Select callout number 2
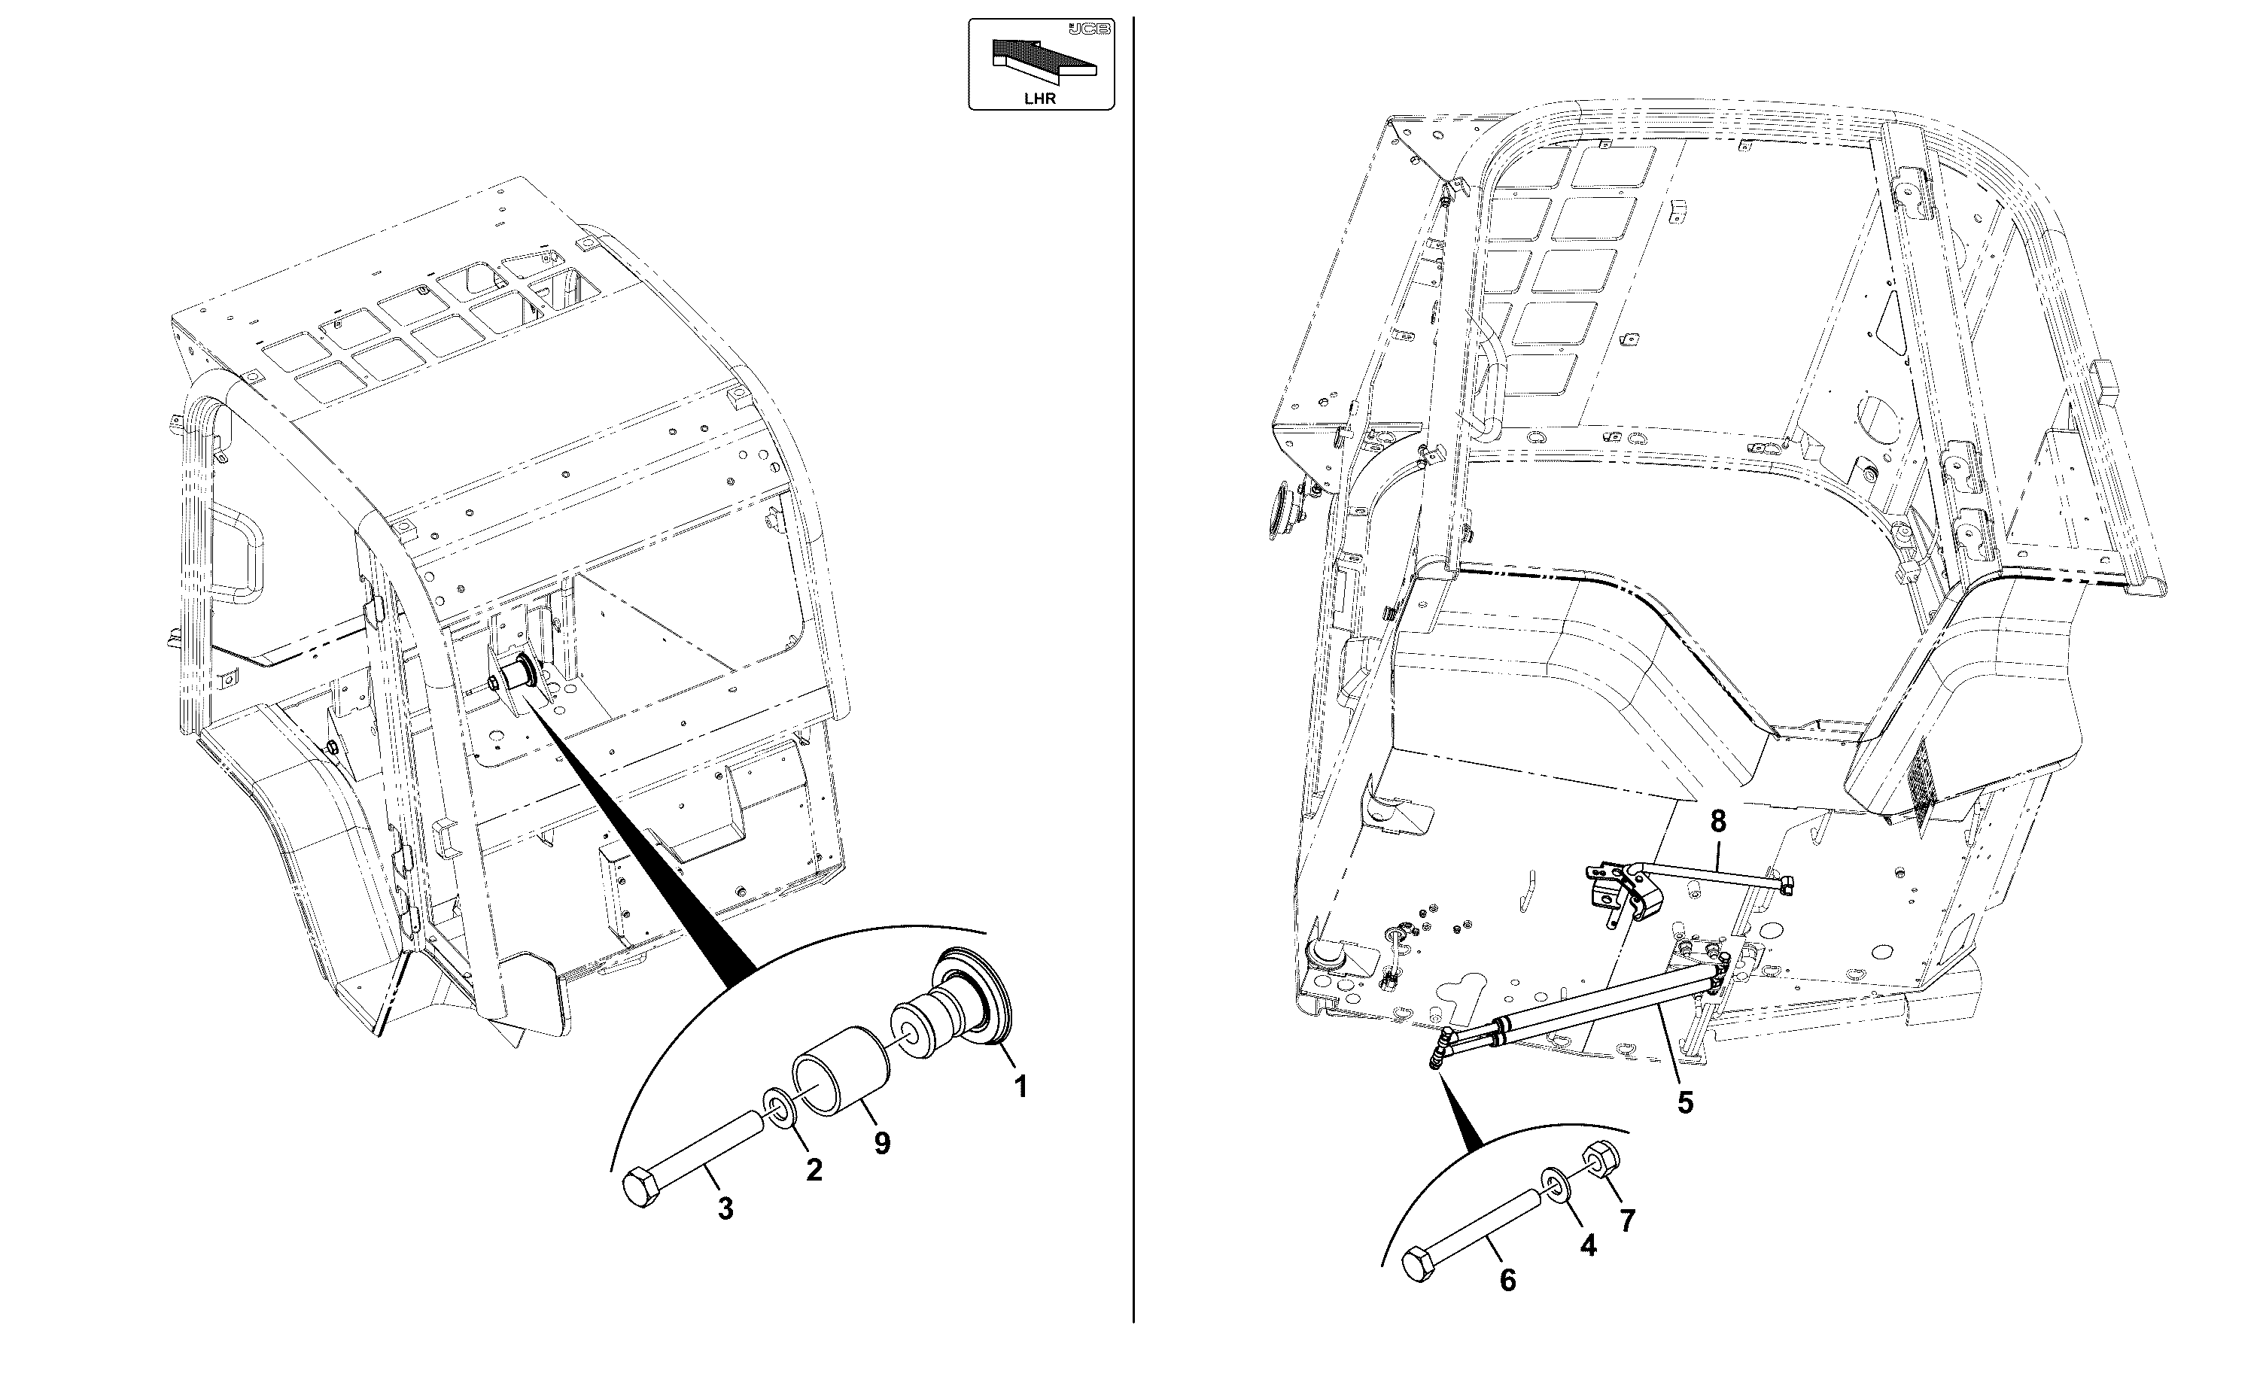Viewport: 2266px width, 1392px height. click(814, 1170)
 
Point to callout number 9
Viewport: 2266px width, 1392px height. click(882, 1144)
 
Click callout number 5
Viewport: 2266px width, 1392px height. click(1685, 1102)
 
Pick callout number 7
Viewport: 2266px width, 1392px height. click(1628, 1220)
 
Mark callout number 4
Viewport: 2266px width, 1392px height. click(1589, 1245)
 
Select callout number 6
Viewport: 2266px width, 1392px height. click(1507, 1280)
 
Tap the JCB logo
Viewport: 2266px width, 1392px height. click(1089, 29)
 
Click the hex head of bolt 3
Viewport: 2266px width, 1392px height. click(639, 1187)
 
